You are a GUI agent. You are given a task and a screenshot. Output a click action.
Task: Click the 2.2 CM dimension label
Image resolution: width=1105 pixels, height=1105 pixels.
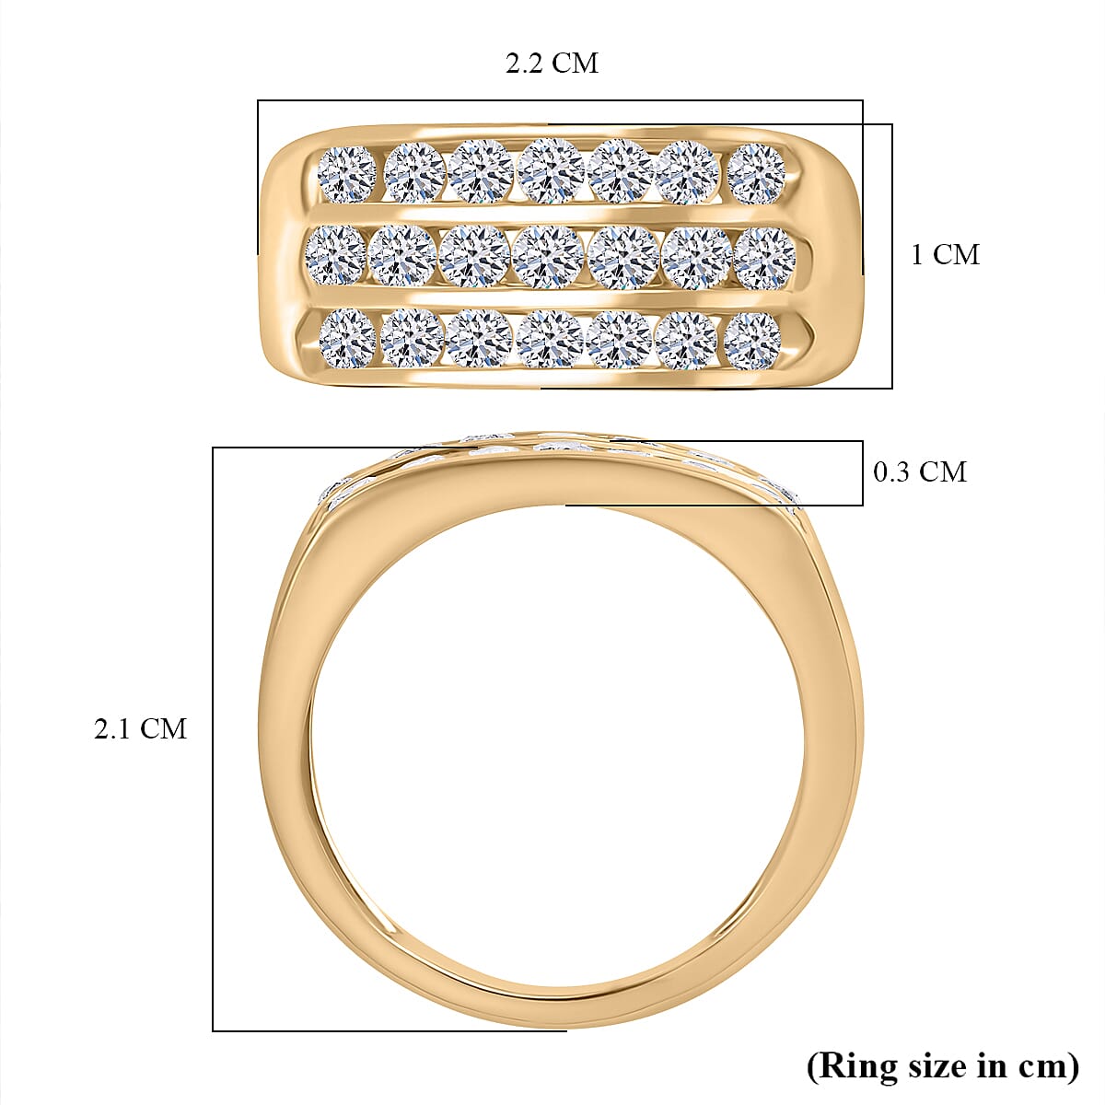[552, 64]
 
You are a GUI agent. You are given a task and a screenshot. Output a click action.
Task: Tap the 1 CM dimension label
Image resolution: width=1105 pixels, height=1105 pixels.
[945, 255]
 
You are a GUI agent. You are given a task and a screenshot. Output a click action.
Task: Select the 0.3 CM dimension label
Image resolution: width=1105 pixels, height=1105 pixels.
[920, 472]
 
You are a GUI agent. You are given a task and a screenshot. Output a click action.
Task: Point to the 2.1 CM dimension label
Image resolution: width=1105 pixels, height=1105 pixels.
[140, 729]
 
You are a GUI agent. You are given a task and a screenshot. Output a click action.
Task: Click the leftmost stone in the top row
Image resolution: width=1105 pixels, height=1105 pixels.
[347, 173]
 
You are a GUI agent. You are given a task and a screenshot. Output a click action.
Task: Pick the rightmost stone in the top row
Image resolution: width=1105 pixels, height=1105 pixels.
[756, 172]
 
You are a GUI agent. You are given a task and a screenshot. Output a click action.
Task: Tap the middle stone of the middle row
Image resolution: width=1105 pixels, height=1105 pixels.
[549, 256]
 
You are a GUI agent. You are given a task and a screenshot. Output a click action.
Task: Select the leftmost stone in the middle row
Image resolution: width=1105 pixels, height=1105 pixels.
[335, 255]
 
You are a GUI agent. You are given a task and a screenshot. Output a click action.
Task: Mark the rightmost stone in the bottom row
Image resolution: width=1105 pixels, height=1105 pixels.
[752, 340]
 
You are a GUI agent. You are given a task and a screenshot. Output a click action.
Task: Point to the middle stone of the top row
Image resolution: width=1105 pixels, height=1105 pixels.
[550, 170]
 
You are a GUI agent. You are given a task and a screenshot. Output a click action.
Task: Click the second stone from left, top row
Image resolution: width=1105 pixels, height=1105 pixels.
[414, 172]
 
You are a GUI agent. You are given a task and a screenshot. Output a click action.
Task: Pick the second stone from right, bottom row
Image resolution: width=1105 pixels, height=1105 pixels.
[686, 340]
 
